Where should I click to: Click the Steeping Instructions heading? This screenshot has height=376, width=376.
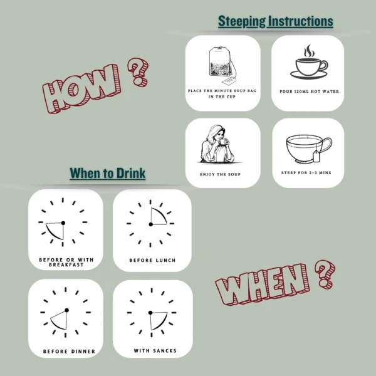(x=276, y=21)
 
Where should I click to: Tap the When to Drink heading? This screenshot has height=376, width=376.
(x=107, y=173)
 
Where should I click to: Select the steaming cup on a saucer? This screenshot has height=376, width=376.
(x=309, y=62)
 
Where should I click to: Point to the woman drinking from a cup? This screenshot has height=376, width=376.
(x=217, y=144)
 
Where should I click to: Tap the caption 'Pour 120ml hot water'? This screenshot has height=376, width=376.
(x=309, y=91)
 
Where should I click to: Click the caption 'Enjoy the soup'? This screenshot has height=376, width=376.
(x=220, y=174)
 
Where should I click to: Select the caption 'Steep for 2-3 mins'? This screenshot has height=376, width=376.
(x=306, y=173)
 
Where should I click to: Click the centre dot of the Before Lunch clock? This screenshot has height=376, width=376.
(x=150, y=224)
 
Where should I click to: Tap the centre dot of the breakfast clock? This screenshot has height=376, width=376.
(x=63, y=223)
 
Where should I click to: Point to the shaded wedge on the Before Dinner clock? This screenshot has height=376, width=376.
(x=60, y=320)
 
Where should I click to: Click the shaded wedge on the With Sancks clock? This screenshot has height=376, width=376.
(x=157, y=320)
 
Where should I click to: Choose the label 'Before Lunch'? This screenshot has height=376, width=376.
(x=152, y=260)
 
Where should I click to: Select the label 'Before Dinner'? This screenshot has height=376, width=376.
(x=69, y=352)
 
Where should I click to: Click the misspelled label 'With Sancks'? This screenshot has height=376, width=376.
(x=155, y=350)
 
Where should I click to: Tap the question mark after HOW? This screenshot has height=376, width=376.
(x=138, y=71)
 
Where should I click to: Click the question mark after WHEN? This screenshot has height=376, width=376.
(x=325, y=274)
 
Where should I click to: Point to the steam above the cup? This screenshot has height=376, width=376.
(x=309, y=51)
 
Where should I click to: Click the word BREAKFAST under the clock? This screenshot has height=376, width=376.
(x=66, y=264)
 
